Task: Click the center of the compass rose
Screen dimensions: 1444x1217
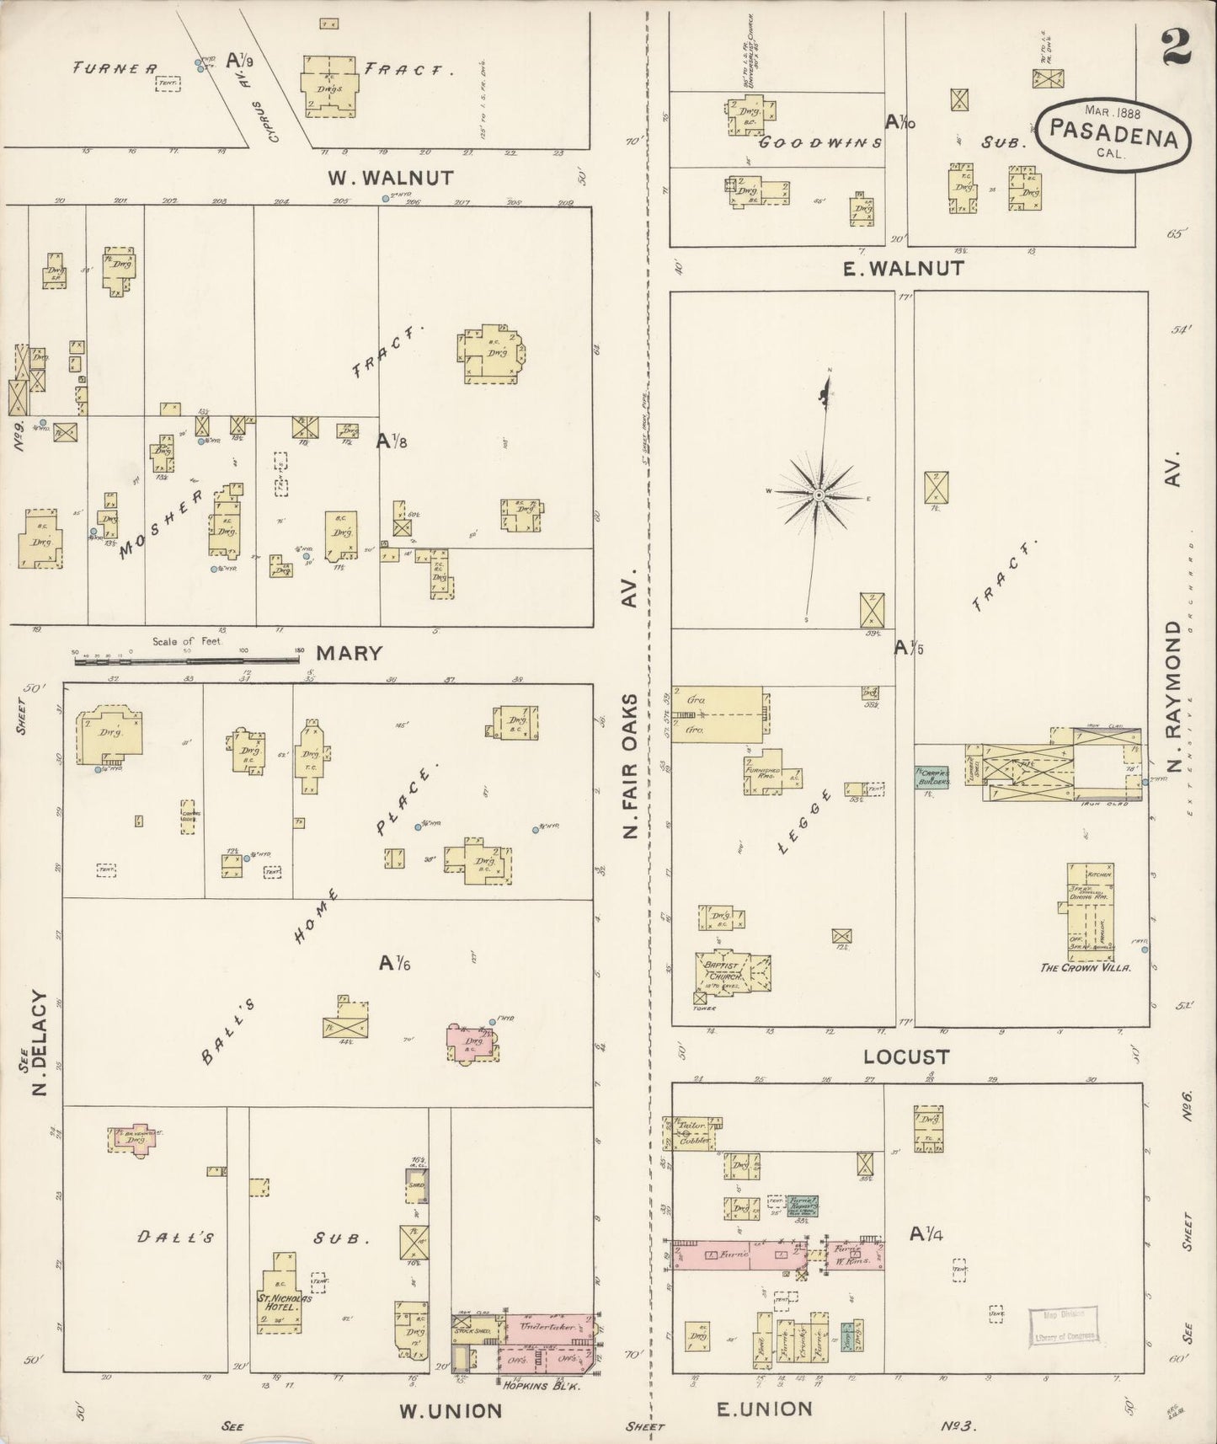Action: (x=818, y=495)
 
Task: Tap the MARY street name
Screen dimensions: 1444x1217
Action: (x=350, y=652)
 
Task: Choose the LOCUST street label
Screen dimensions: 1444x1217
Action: (x=905, y=1056)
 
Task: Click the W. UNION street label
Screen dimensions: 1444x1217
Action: (x=450, y=1409)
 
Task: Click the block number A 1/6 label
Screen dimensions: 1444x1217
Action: (x=394, y=961)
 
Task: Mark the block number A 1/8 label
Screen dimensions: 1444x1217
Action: (x=392, y=439)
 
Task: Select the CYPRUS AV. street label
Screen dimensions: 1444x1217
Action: (x=275, y=121)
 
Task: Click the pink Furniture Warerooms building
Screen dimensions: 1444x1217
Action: (x=855, y=1255)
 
